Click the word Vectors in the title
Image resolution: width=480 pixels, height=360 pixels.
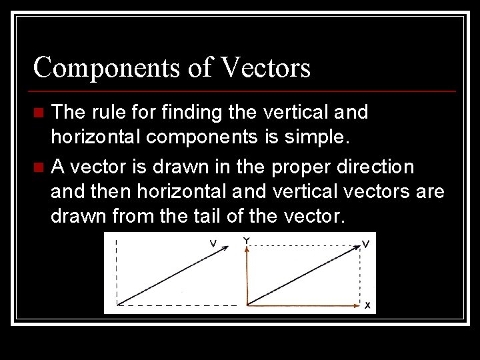265,68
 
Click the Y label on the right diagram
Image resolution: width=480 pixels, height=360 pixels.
247,239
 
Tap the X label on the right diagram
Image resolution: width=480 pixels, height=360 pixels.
367,305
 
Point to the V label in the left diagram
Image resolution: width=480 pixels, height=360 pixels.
213,244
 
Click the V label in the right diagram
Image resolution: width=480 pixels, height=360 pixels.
366,244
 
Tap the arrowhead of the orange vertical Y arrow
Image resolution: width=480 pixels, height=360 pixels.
247,249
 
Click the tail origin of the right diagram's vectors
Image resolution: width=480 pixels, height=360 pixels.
247,305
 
